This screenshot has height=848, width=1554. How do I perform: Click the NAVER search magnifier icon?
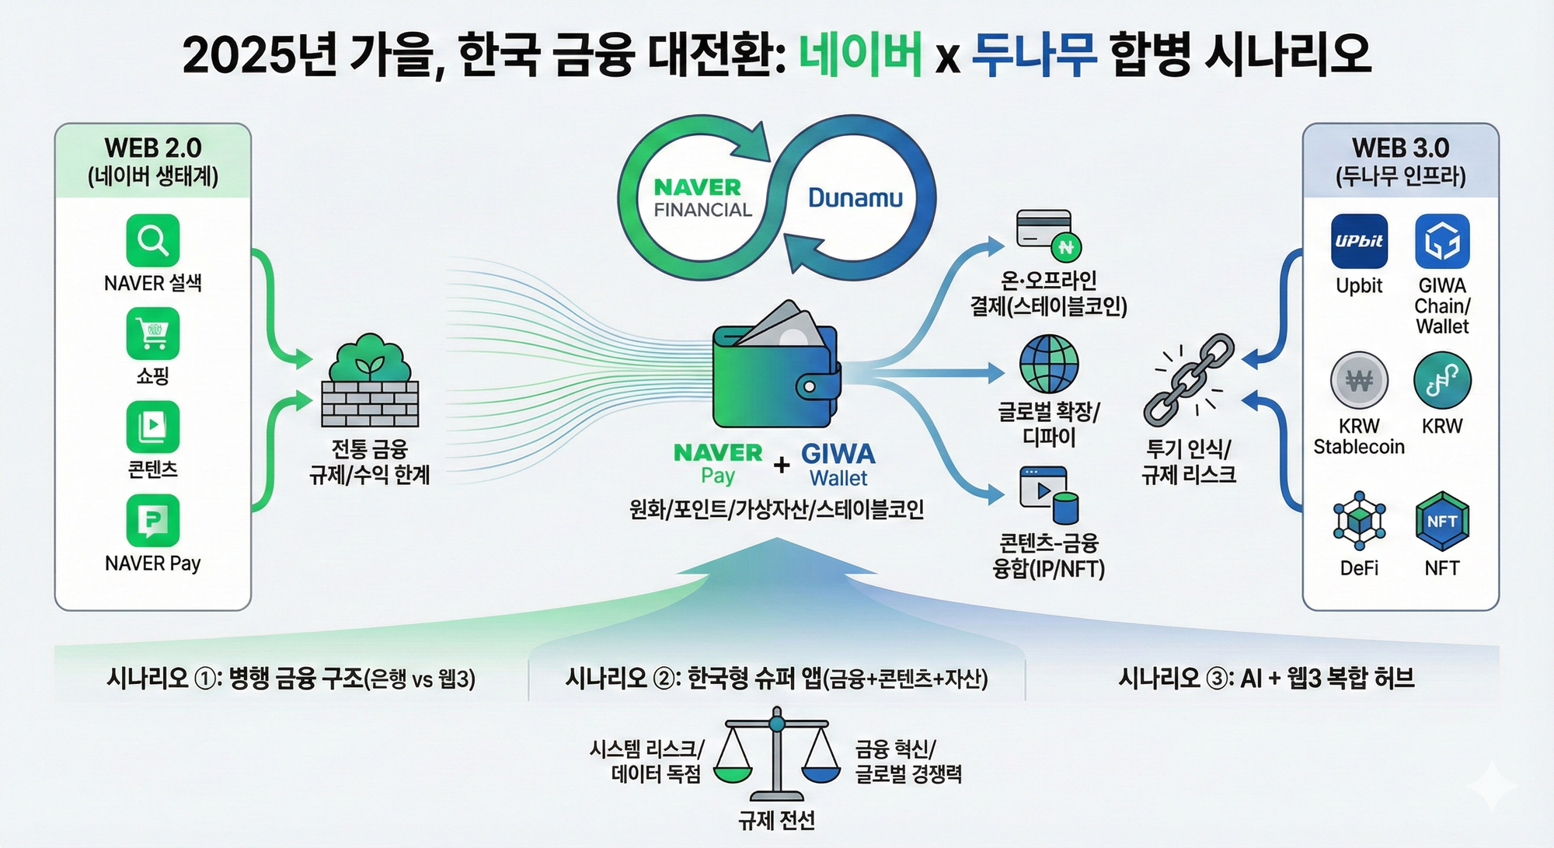pos(153,241)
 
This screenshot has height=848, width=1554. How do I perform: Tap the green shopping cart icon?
pos(153,334)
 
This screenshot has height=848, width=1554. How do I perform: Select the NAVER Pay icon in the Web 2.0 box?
pos(153,521)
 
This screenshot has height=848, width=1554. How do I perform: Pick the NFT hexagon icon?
pos(1442,522)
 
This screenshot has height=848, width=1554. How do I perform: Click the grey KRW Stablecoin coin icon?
pos(1359,381)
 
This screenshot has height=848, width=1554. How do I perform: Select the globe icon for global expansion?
pos(1048,364)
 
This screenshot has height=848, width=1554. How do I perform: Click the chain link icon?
pos(1189,380)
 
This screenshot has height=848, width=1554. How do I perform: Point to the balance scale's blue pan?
pos(821,774)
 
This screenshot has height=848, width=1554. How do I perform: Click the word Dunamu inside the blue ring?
pos(855,198)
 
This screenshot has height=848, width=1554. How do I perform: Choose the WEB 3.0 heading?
pos(1400,148)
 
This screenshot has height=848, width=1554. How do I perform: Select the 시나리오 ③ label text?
pos(1266,679)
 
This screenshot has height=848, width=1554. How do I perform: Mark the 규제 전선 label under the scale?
pos(776,820)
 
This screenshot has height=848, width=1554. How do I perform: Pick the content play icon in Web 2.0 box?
pos(153,427)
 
